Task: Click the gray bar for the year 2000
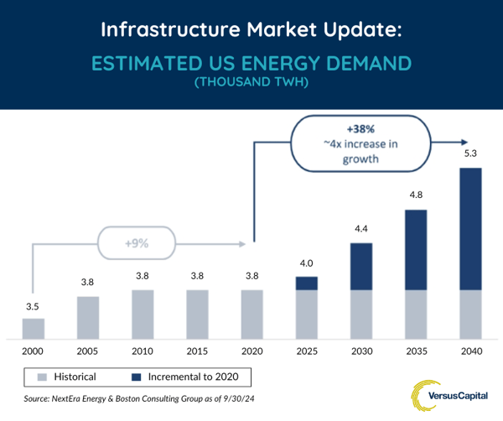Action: coord(34,327)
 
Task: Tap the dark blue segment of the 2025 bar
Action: coord(307,283)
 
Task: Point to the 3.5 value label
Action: coord(34,306)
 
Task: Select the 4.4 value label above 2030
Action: coord(361,229)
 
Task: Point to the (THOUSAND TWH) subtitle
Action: coord(251,83)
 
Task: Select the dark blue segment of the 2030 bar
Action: coord(361,267)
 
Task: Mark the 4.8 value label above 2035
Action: coord(416,195)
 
